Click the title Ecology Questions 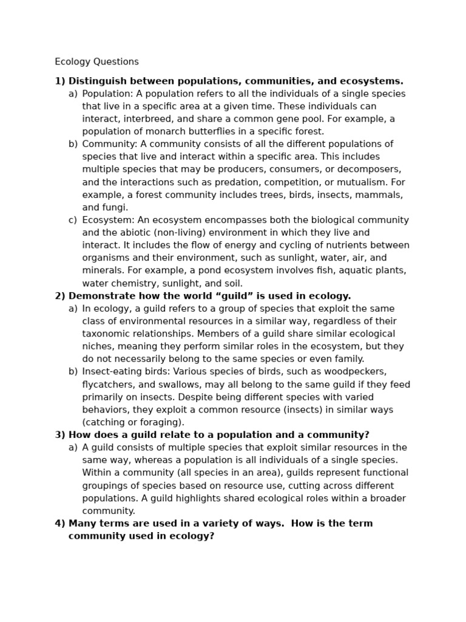pos(96,62)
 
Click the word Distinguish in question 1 pos(96,81)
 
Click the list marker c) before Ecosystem pos(73,220)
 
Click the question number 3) pos(60,435)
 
